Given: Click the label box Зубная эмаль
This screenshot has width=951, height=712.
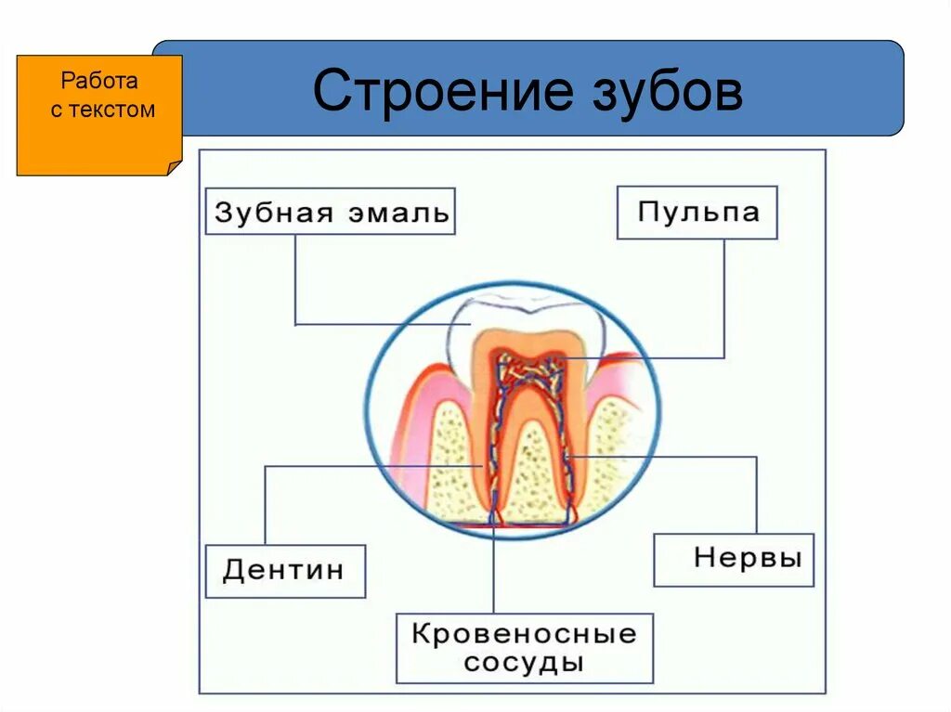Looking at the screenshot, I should pos(331,212).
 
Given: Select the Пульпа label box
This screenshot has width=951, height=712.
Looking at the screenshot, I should pos(697,213).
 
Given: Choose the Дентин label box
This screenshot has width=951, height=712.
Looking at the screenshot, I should pos(285,570).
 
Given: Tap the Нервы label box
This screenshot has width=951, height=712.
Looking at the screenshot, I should pos(734,560).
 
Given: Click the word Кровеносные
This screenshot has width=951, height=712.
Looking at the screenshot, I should pos(525,635).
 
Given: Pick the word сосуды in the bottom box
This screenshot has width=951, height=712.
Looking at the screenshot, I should pos(525,663).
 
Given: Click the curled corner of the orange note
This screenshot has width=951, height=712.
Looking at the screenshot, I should pos(173,166).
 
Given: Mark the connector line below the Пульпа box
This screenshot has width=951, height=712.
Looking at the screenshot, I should pos(723,297).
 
